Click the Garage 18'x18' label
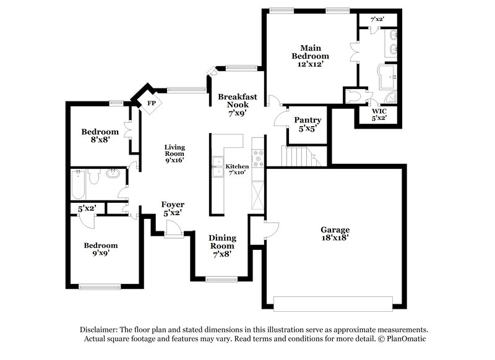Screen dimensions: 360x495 pos(335,233)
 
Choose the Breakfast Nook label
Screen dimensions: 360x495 pos(233,105)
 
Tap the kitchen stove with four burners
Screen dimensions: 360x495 pos(258,158)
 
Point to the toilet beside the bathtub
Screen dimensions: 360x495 pos(95,178)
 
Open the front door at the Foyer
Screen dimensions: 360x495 pos(174,231)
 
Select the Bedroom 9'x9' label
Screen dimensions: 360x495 pos(101,249)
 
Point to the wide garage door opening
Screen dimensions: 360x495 pos(333,303)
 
